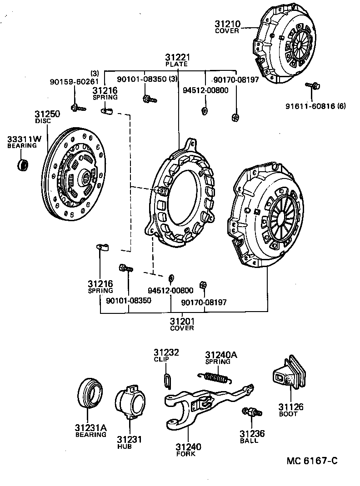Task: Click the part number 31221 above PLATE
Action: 177,58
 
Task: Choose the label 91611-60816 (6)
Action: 315,106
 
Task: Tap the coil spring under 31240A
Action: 216,377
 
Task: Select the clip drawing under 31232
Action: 167,380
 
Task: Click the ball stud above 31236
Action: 253,412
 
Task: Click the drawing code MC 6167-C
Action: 312,461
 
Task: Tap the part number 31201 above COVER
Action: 182,321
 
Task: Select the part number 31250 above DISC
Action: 47,114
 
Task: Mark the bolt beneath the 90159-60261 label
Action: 75,108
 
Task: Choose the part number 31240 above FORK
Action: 188,447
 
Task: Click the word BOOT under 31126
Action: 288,414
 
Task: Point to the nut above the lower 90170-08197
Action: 204,285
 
